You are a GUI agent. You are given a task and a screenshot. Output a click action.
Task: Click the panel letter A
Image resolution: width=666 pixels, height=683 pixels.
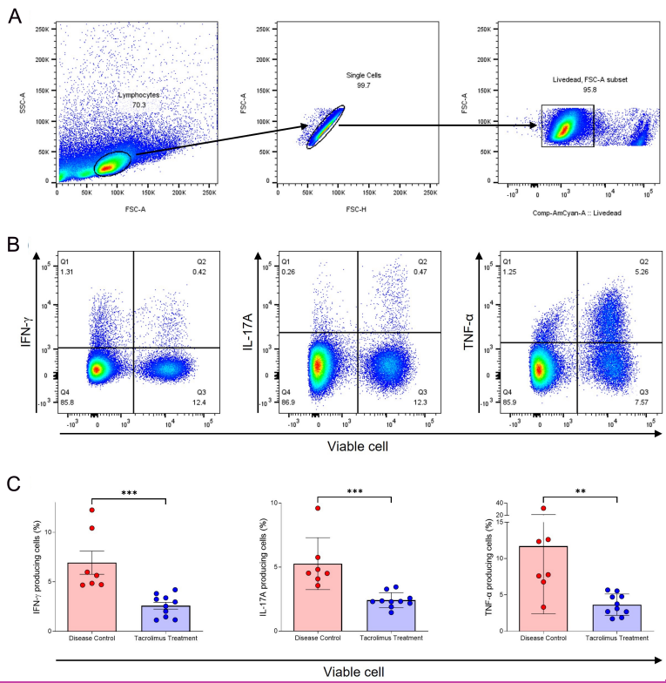coord(15,17)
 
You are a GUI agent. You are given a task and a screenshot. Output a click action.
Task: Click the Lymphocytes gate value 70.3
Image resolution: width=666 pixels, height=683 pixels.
coord(138,104)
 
